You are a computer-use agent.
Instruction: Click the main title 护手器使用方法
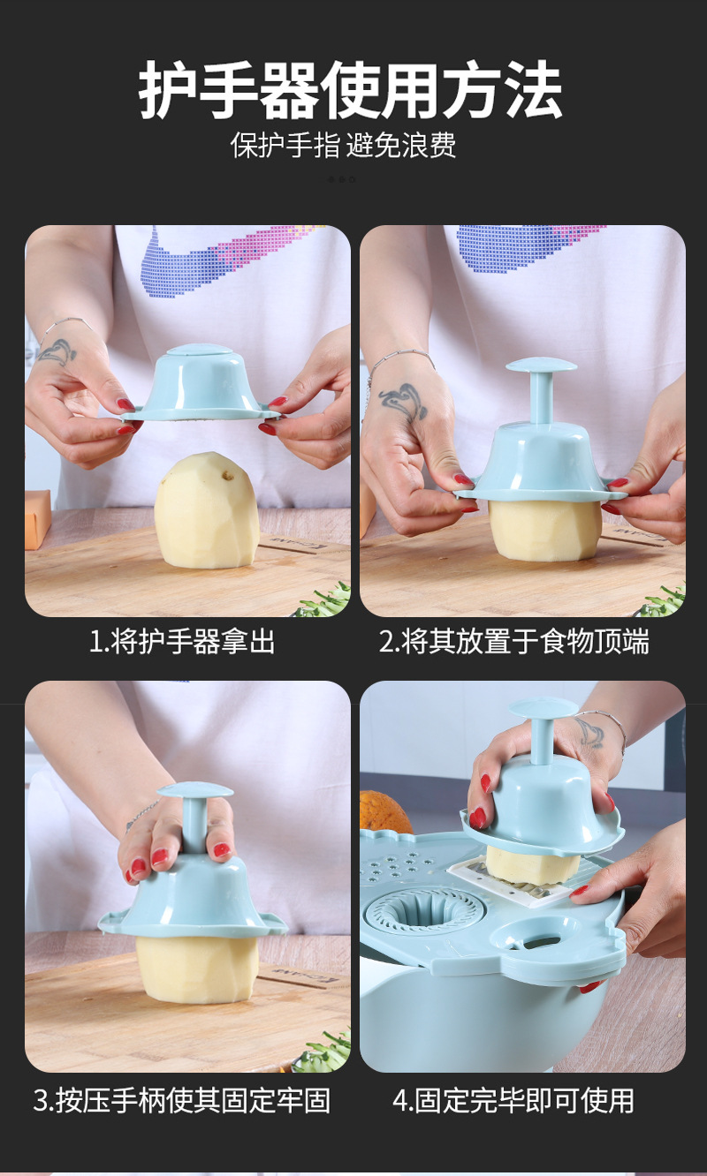[x=351, y=91]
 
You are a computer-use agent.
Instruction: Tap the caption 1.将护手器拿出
[x=182, y=642]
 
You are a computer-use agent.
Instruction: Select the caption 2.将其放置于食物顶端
[x=514, y=642]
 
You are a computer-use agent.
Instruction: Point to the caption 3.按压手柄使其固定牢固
[x=182, y=1100]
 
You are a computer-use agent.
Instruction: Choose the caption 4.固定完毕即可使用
[x=513, y=1100]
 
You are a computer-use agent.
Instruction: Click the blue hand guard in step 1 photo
[x=201, y=384]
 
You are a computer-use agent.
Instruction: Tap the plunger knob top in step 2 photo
[x=541, y=365]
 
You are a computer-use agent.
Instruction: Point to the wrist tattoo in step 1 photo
[x=56, y=351]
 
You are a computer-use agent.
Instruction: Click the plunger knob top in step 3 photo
[x=194, y=790]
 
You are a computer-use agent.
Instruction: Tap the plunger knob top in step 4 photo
[x=542, y=707]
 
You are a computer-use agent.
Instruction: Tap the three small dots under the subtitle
[x=342, y=179]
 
